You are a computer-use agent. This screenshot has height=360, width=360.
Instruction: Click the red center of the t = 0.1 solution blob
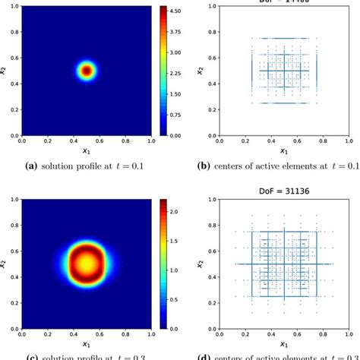click(87, 71)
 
